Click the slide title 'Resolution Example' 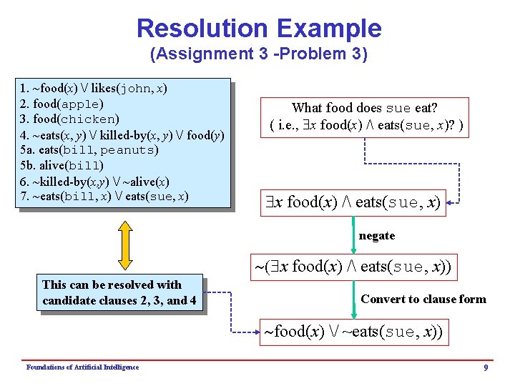click(x=258, y=29)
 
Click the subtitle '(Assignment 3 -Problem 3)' click(x=258, y=54)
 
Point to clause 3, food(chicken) click(x=70, y=119)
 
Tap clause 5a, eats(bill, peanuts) click(x=89, y=150)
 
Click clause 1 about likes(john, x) click(x=94, y=89)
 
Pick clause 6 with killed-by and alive click(x=94, y=182)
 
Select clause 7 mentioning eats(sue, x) click(x=104, y=197)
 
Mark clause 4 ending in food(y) click(x=122, y=134)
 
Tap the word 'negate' click(x=377, y=236)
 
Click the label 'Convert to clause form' click(x=423, y=299)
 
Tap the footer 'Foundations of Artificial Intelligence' click(x=82, y=367)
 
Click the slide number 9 click(x=486, y=367)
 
